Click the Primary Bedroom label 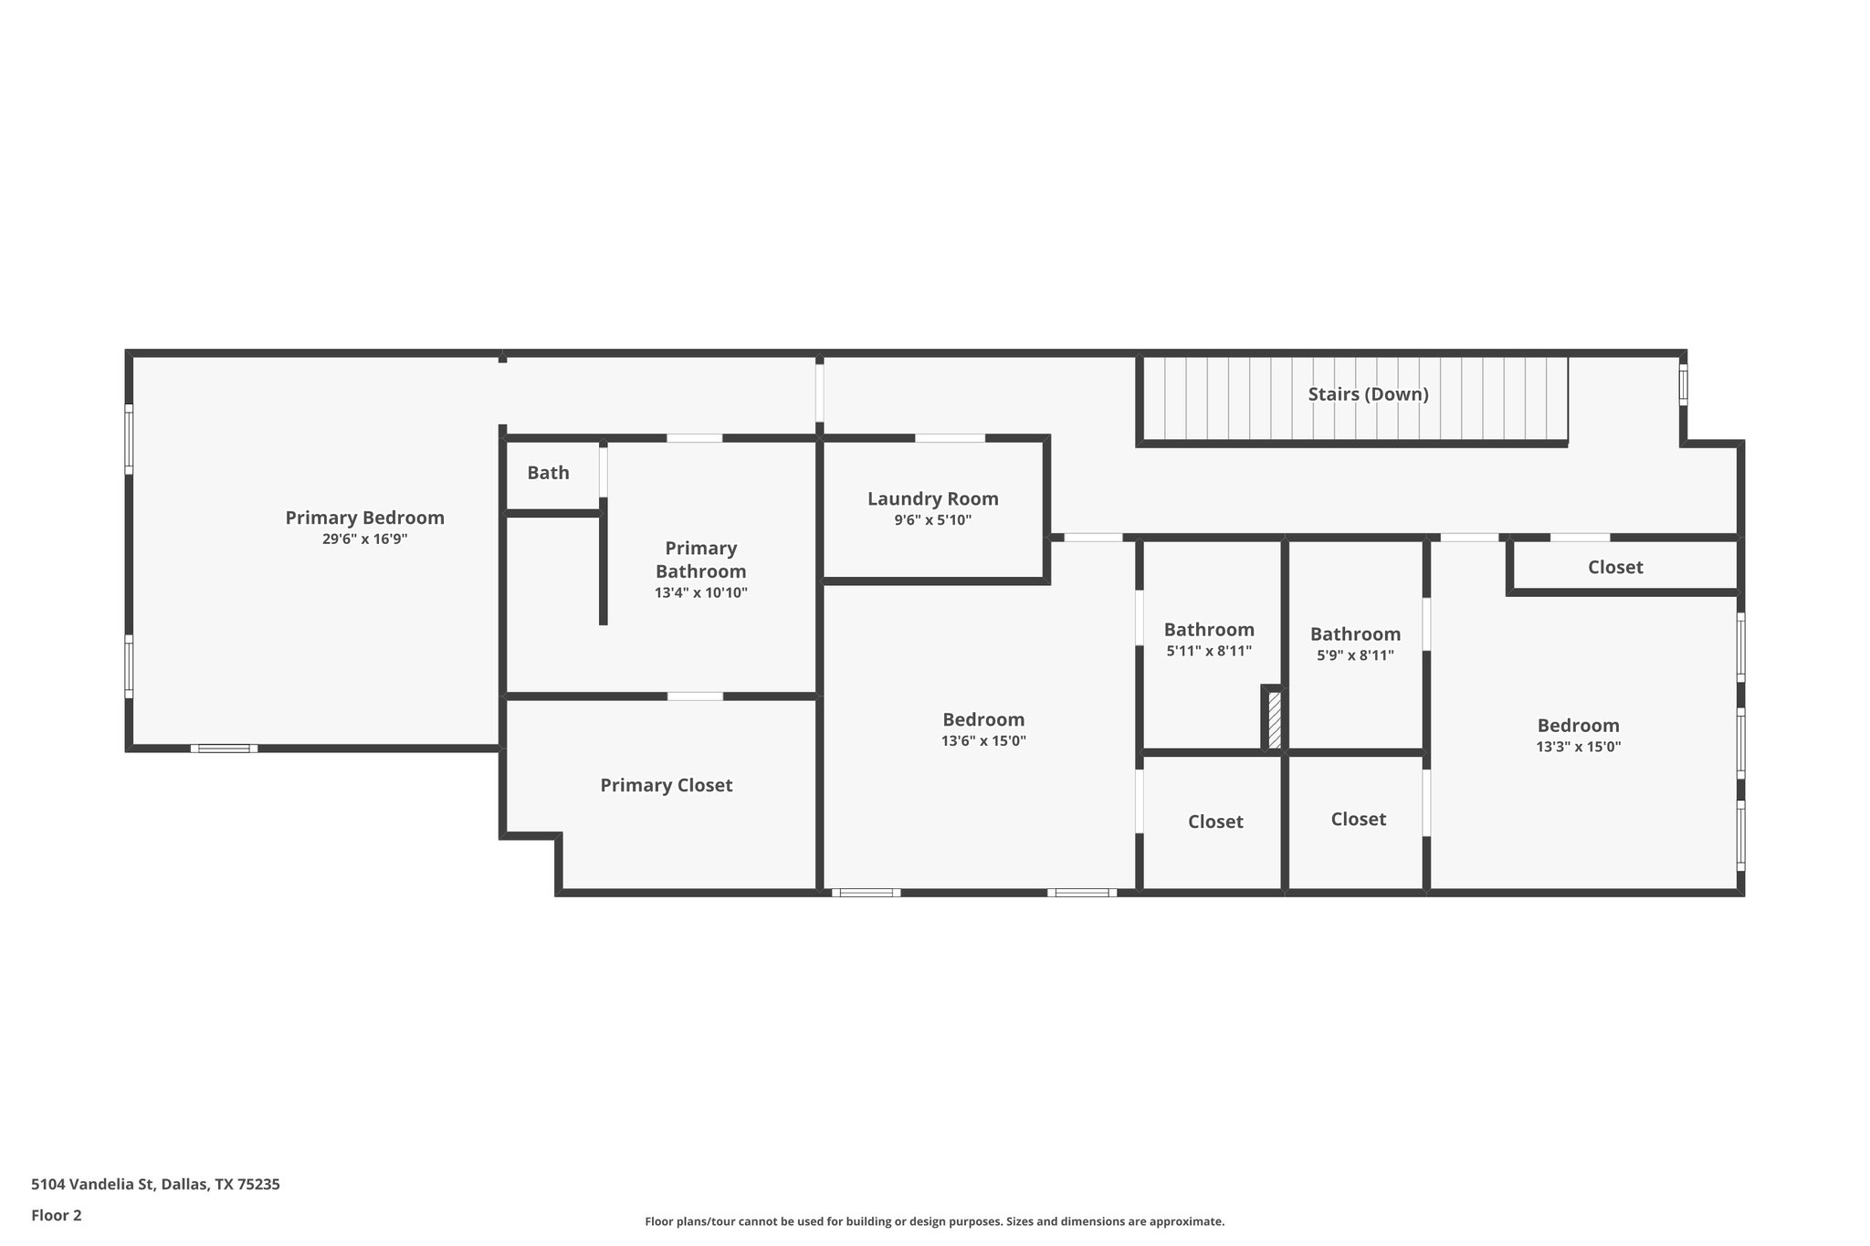(364, 518)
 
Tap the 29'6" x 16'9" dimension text (364, 539)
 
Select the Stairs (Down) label (1368, 394)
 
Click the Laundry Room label (932, 498)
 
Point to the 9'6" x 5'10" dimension (932, 520)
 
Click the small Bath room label (548, 473)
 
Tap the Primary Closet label (666, 785)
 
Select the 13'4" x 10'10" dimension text (700, 592)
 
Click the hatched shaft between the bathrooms (1273, 720)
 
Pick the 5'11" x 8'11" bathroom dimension (1209, 652)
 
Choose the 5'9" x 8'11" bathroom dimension (1355, 655)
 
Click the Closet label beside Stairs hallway (1614, 567)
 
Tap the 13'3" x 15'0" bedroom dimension (1578, 747)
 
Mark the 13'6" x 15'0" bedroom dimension (983, 741)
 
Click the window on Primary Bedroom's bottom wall (224, 749)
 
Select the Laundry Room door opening (950, 438)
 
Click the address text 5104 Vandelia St (155, 1185)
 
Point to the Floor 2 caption (57, 1215)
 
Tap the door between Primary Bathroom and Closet (695, 696)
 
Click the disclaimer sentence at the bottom (934, 1221)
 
